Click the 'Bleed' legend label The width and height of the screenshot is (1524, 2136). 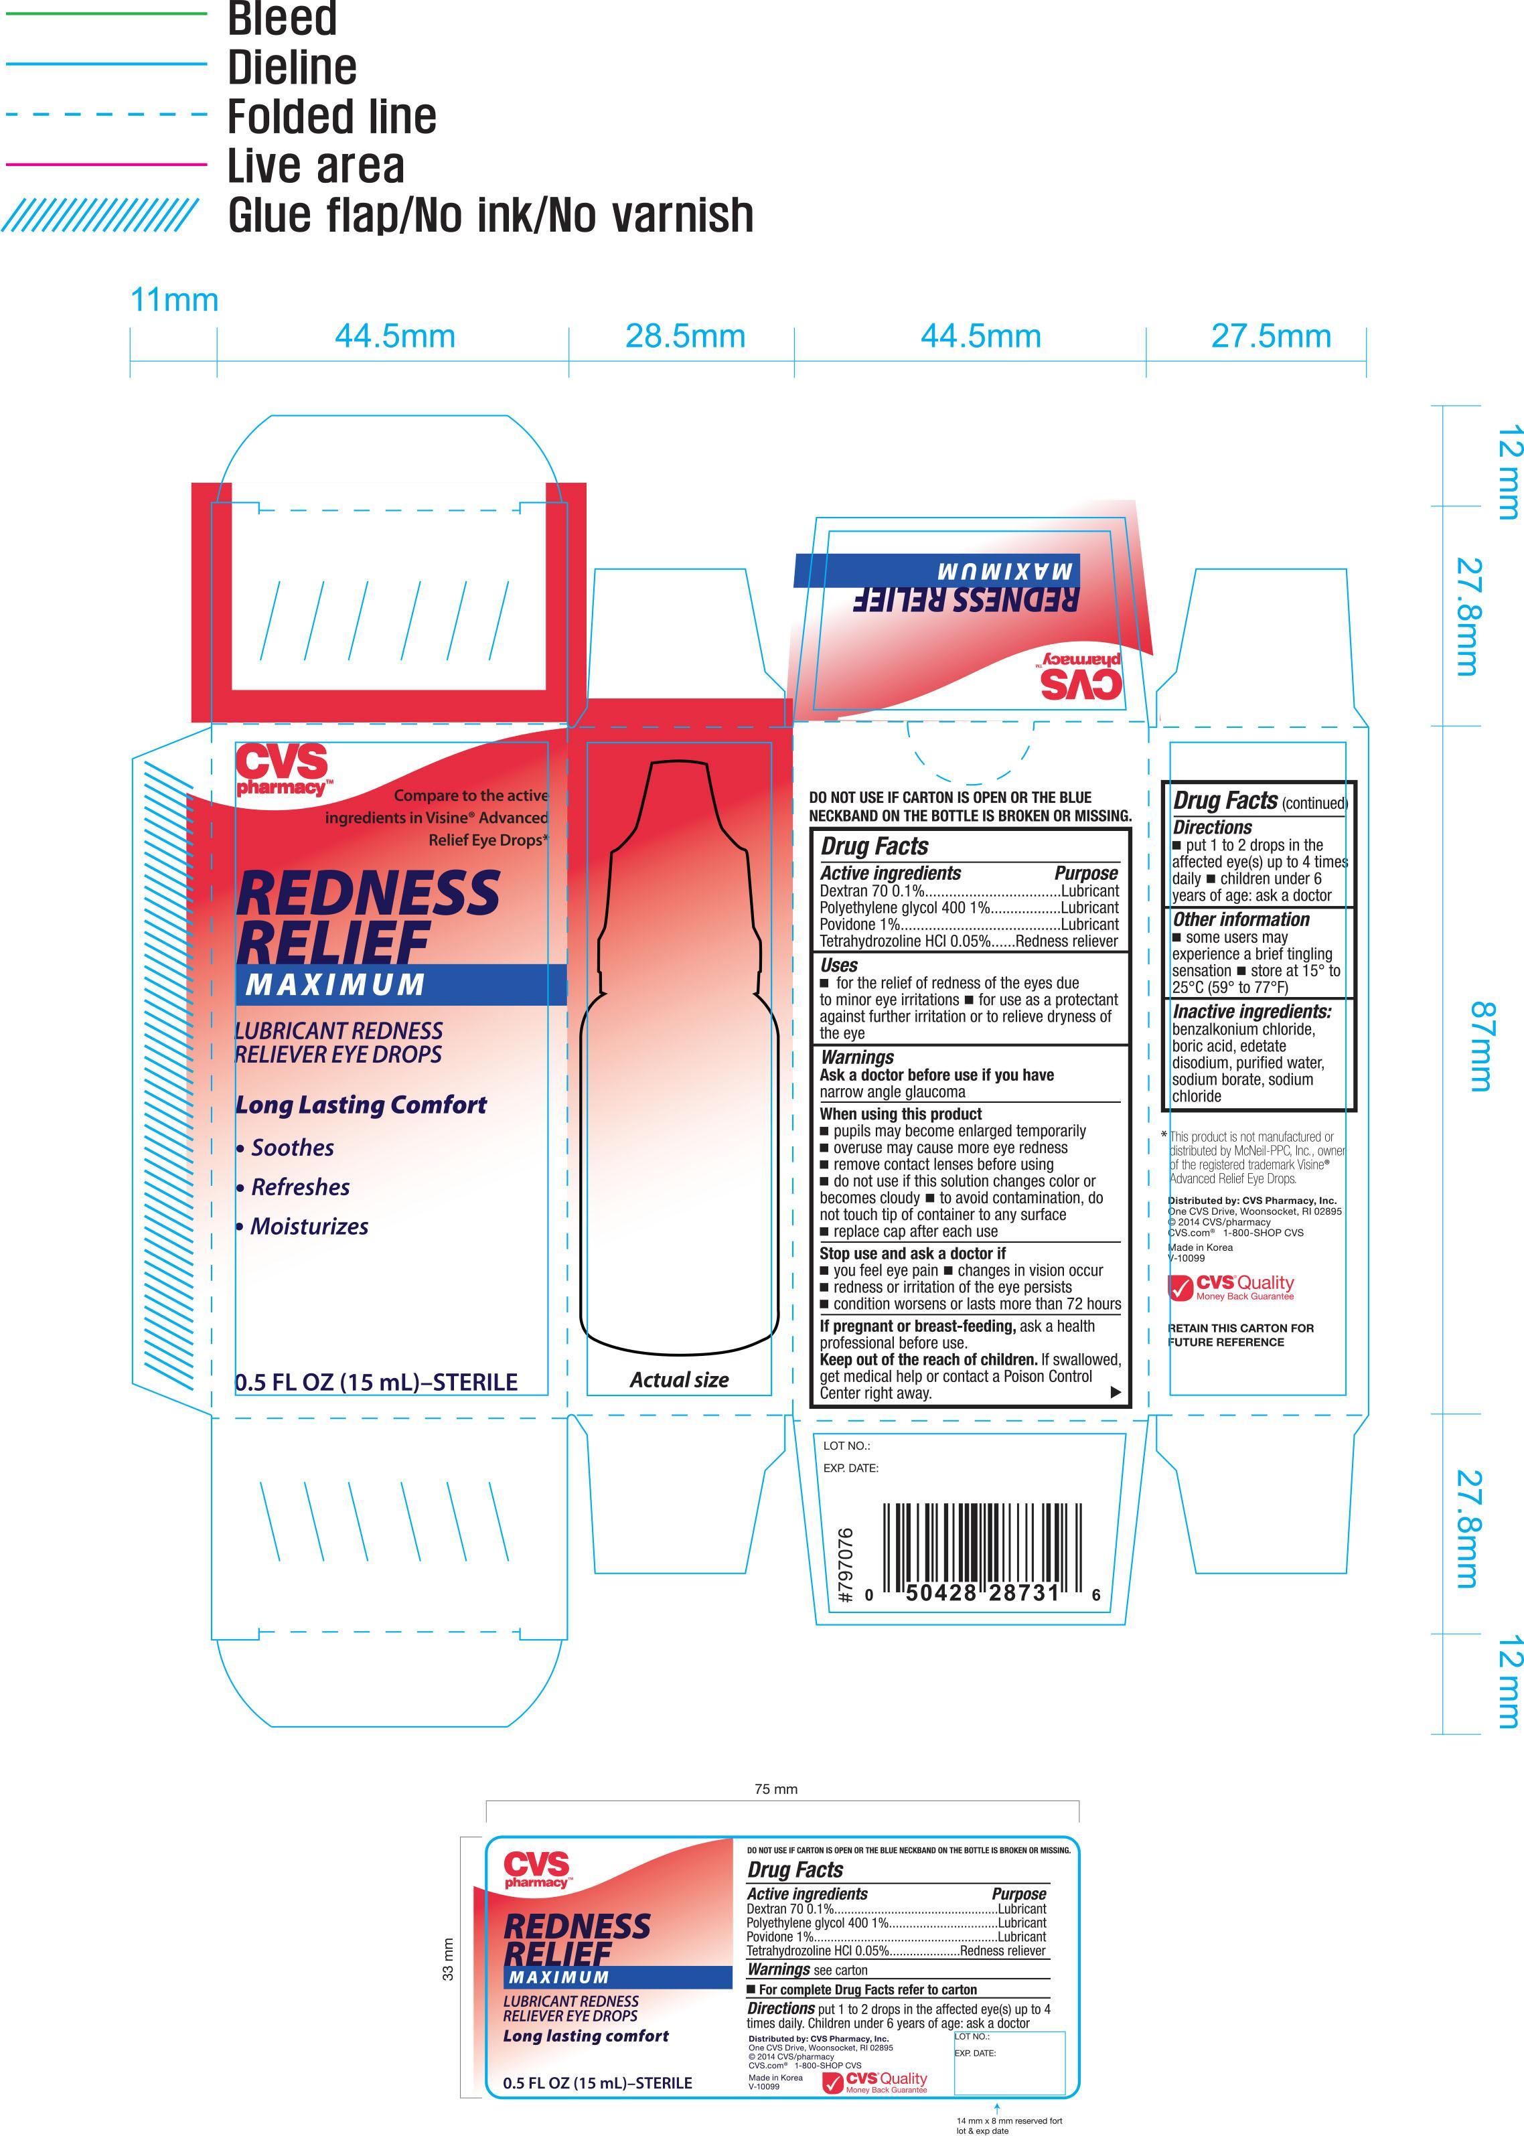tap(281, 19)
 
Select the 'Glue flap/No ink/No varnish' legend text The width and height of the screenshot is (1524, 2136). tap(491, 215)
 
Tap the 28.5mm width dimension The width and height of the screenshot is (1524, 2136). tap(685, 336)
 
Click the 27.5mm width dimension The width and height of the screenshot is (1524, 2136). tap(1271, 336)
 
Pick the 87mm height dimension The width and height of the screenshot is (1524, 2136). tap(1482, 1047)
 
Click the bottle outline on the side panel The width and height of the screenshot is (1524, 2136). tap(680, 1052)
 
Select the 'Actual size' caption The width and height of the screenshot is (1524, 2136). tap(680, 1379)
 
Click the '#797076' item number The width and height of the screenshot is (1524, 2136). tap(844, 1566)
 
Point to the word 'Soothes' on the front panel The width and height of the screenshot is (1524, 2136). tap(292, 1148)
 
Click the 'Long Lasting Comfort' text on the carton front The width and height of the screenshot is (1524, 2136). tap(362, 1105)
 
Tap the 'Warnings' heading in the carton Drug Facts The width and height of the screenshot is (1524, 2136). tap(857, 1057)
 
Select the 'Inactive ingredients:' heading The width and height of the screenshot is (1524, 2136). tap(1252, 1012)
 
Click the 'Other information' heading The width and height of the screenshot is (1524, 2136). tap(1241, 920)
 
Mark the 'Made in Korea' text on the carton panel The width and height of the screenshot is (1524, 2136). tap(1200, 1247)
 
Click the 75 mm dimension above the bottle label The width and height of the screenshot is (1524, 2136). tap(776, 1788)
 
